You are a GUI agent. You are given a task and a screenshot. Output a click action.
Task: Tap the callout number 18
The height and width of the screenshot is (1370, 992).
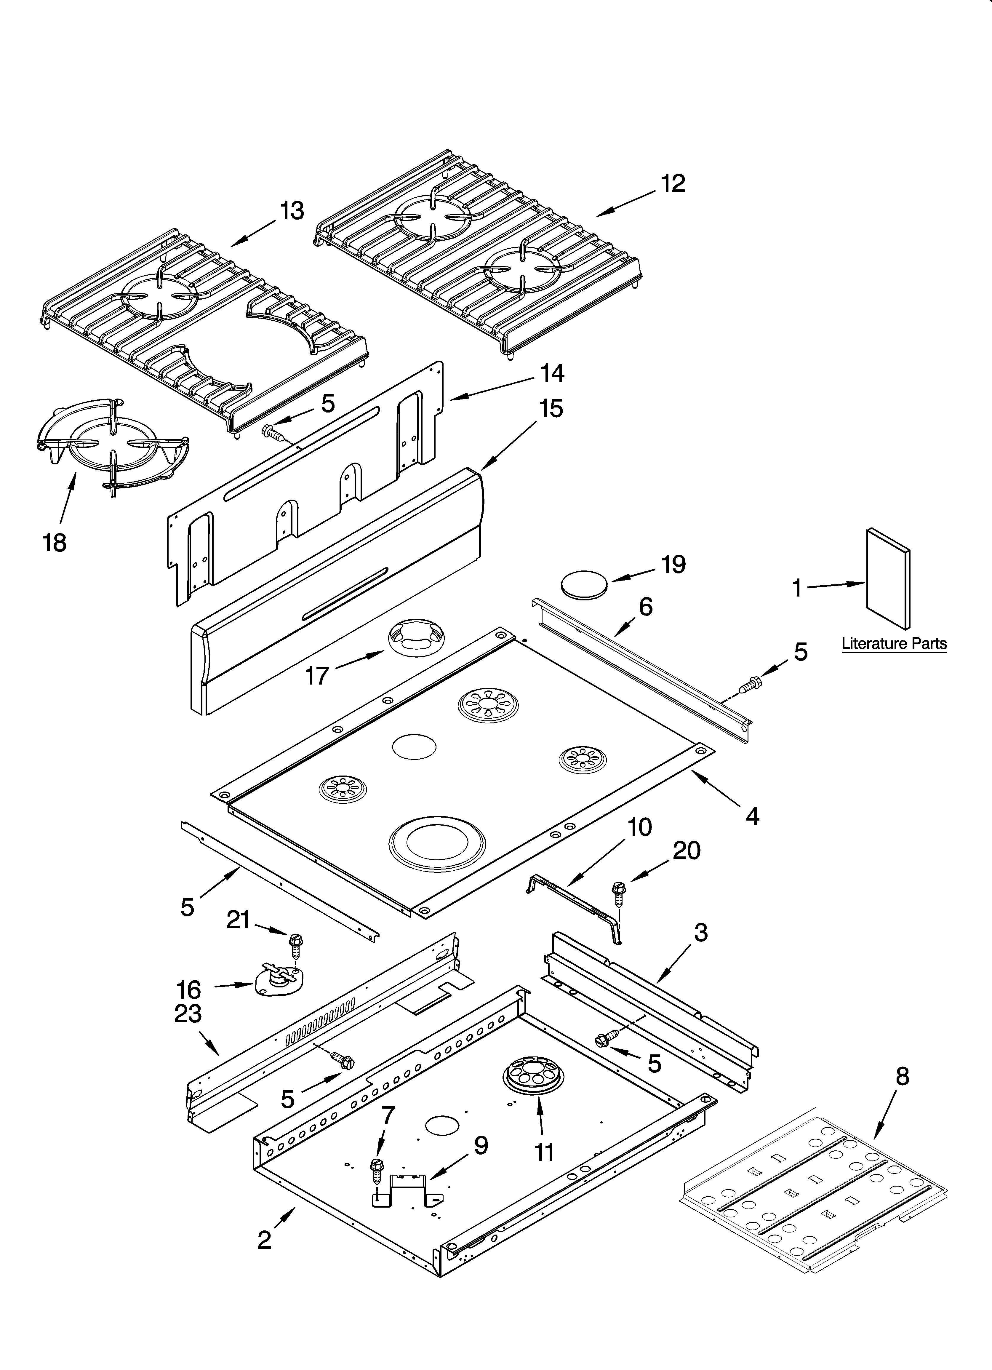click(55, 542)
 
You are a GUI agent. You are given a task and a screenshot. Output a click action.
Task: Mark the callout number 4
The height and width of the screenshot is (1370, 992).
click(752, 817)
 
